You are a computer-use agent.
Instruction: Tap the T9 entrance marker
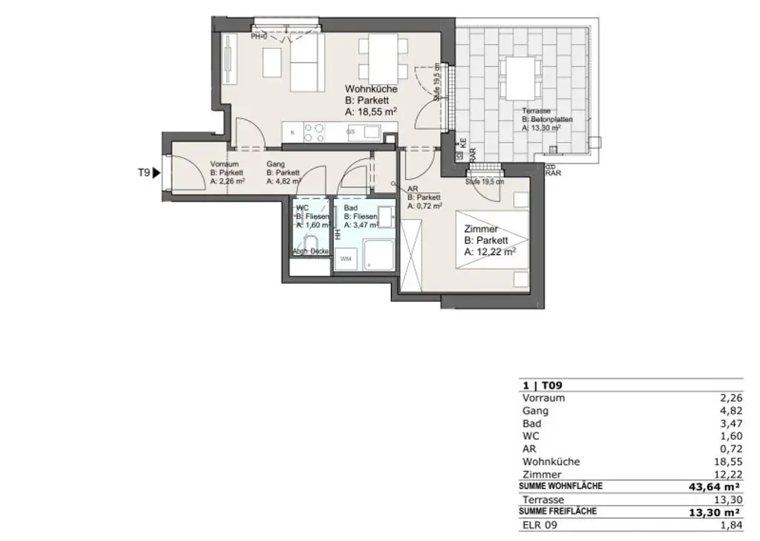148,172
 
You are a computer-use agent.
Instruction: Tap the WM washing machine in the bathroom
346,259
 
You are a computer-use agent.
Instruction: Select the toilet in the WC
310,243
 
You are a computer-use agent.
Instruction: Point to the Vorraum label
223,163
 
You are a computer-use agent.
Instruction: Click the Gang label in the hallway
276,163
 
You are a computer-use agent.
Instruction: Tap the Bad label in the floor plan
351,208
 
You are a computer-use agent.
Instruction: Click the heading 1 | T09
537,385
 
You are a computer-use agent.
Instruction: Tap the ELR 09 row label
540,525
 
